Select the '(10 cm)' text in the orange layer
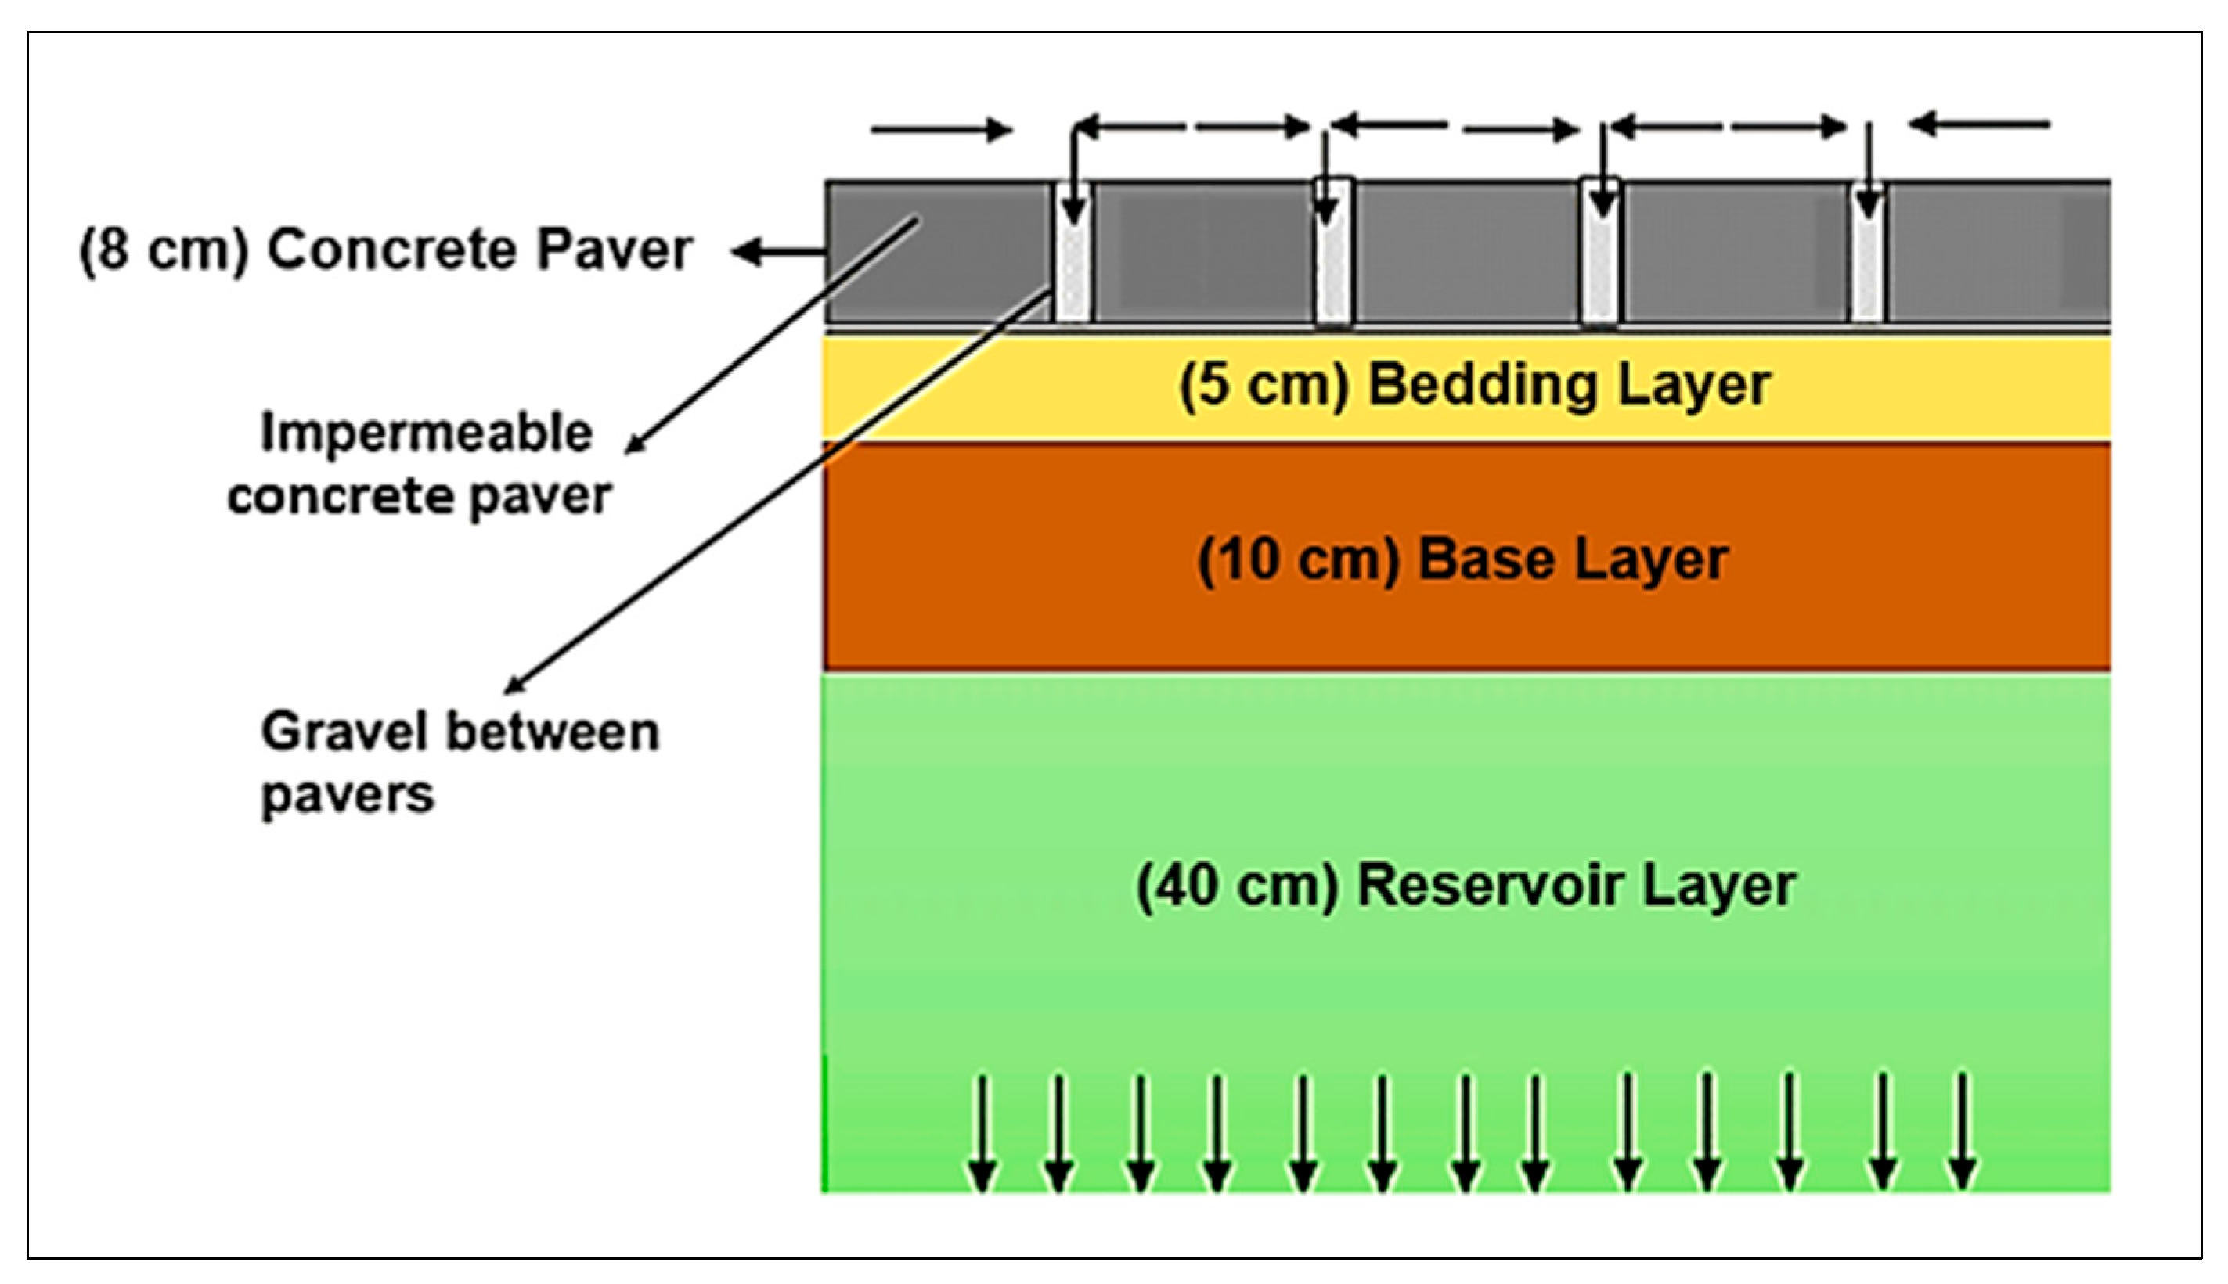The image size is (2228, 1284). click(1297, 560)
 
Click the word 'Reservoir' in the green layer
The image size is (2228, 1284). click(1490, 886)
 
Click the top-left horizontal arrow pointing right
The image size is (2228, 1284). click(940, 131)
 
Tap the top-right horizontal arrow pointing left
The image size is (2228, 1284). click(1979, 124)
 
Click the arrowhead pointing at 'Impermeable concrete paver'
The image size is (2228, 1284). click(634, 446)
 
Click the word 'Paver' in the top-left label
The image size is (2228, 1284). click(615, 250)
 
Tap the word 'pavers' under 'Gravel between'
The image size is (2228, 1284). click(348, 794)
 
